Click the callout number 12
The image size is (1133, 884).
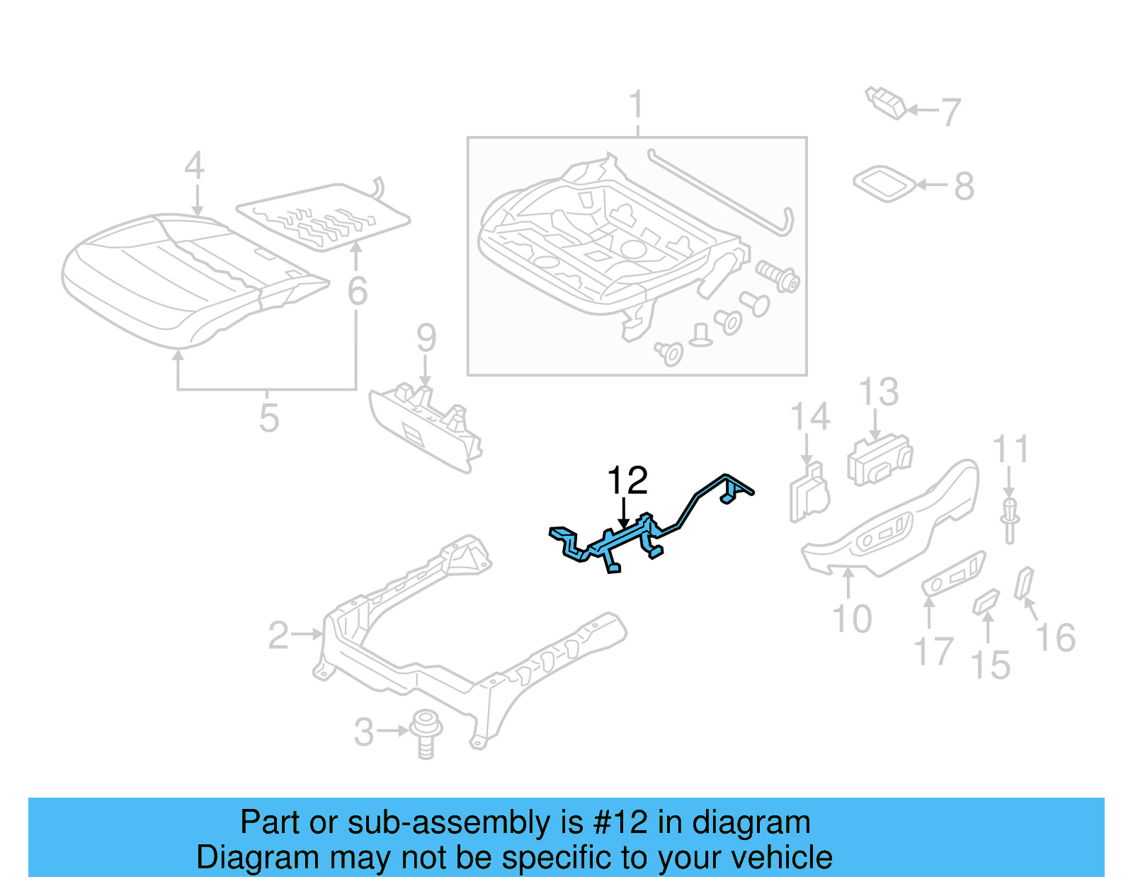(627, 481)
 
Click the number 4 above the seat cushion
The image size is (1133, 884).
(195, 166)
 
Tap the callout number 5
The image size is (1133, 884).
(269, 418)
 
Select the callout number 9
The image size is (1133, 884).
(426, 338)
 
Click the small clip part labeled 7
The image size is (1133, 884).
(886, 103)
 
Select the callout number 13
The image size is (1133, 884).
(879, 392)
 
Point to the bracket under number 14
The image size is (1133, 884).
(809, 493)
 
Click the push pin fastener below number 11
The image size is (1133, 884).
(1010, 520)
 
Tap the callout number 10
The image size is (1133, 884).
(852, 619)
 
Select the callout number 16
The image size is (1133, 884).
(1056, 638)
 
